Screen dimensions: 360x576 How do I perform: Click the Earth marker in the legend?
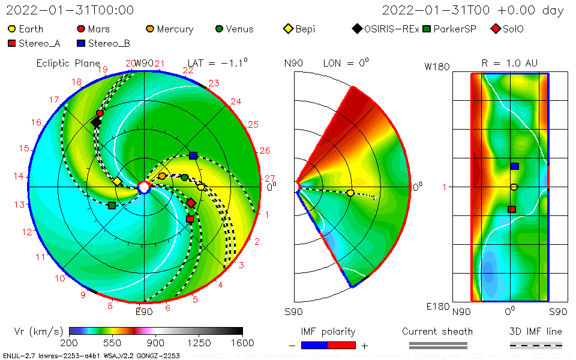coord(12,29)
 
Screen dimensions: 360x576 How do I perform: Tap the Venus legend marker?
coord(219,29)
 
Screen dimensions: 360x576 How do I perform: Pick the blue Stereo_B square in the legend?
coord(81,43)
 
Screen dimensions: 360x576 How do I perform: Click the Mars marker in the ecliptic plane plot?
coord(100,113)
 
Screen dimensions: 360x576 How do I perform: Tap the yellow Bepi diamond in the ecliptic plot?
coord(117,181)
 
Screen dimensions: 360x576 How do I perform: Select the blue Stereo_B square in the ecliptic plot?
coord(193,155)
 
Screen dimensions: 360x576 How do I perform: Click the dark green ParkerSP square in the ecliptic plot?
coord(112,205)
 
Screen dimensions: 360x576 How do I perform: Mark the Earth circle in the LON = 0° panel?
coord(350,193)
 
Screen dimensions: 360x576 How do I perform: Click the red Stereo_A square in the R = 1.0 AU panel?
coord(512,209)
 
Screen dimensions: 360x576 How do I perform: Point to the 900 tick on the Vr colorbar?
coord(156,331)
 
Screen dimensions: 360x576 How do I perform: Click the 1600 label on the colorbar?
coord(242,343)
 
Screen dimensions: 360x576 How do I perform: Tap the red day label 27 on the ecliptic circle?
coord(269,178)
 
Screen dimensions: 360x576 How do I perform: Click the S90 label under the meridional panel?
coord(294,312)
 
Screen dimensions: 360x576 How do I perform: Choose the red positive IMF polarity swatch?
coord(342,346)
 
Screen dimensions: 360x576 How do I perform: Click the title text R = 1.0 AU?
coord(509,63)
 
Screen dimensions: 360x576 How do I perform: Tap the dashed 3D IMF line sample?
coord(536,346)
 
